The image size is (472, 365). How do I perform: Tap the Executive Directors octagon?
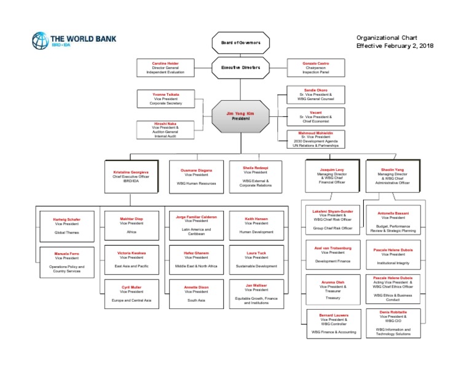[x=241, y=67]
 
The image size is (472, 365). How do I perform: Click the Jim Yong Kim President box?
[x=241, y=116]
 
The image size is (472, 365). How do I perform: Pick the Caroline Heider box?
[x=165, y=68]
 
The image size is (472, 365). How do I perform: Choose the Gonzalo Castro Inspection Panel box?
[x=317, y=68]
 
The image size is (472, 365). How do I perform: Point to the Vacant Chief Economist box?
[x=315, y=116]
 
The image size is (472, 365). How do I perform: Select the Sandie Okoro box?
[x=315, y=94]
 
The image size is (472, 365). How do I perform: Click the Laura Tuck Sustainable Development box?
[x=256, y=260]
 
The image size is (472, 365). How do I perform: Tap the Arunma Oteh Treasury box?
[x=332, y=290]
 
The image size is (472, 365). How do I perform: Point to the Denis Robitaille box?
[x=393, y=323]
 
